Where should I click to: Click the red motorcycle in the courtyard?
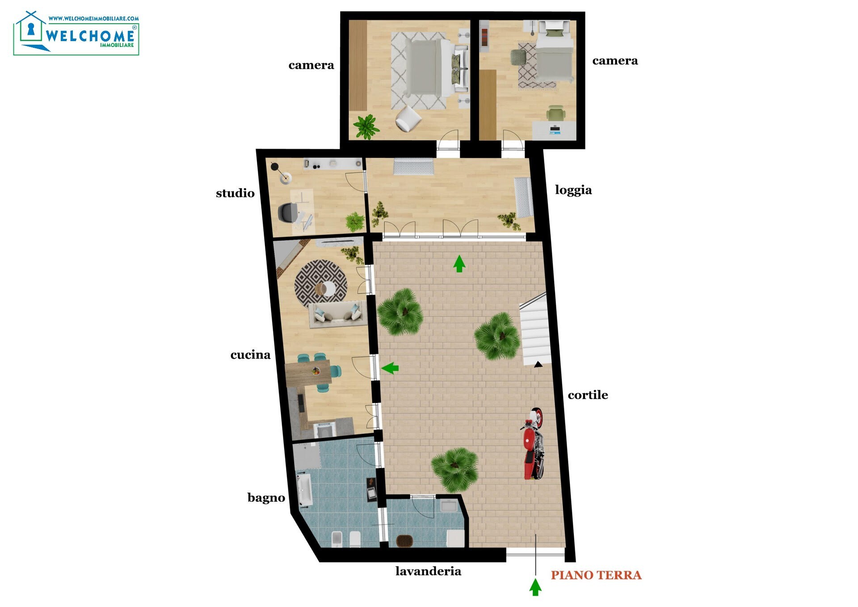533,443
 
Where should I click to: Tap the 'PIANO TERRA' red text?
596,575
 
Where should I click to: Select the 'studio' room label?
235,193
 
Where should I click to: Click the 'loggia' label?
573,190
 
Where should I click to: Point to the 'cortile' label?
588,395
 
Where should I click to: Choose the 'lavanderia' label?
428,571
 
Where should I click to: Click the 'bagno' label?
266,498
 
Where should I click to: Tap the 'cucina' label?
250,355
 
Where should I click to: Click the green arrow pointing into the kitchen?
390,368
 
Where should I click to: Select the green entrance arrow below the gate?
535,587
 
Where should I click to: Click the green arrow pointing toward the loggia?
459,264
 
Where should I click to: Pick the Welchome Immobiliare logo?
76,33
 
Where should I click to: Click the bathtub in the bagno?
305,491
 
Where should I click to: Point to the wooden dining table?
308,373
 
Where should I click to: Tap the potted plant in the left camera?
366,127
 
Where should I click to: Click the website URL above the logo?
93,19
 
